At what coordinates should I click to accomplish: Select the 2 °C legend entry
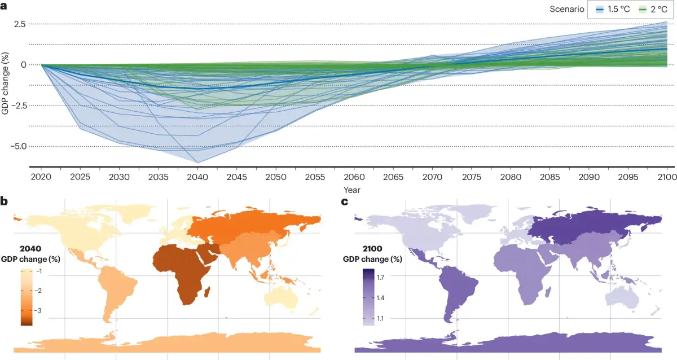(653, 10)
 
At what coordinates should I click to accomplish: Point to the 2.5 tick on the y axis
(20, 24)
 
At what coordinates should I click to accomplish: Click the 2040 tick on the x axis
(197, 177)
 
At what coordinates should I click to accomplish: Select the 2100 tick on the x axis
(667, 177)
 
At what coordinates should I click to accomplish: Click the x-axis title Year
(352, 190)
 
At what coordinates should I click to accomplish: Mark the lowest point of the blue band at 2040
(197, 163)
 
